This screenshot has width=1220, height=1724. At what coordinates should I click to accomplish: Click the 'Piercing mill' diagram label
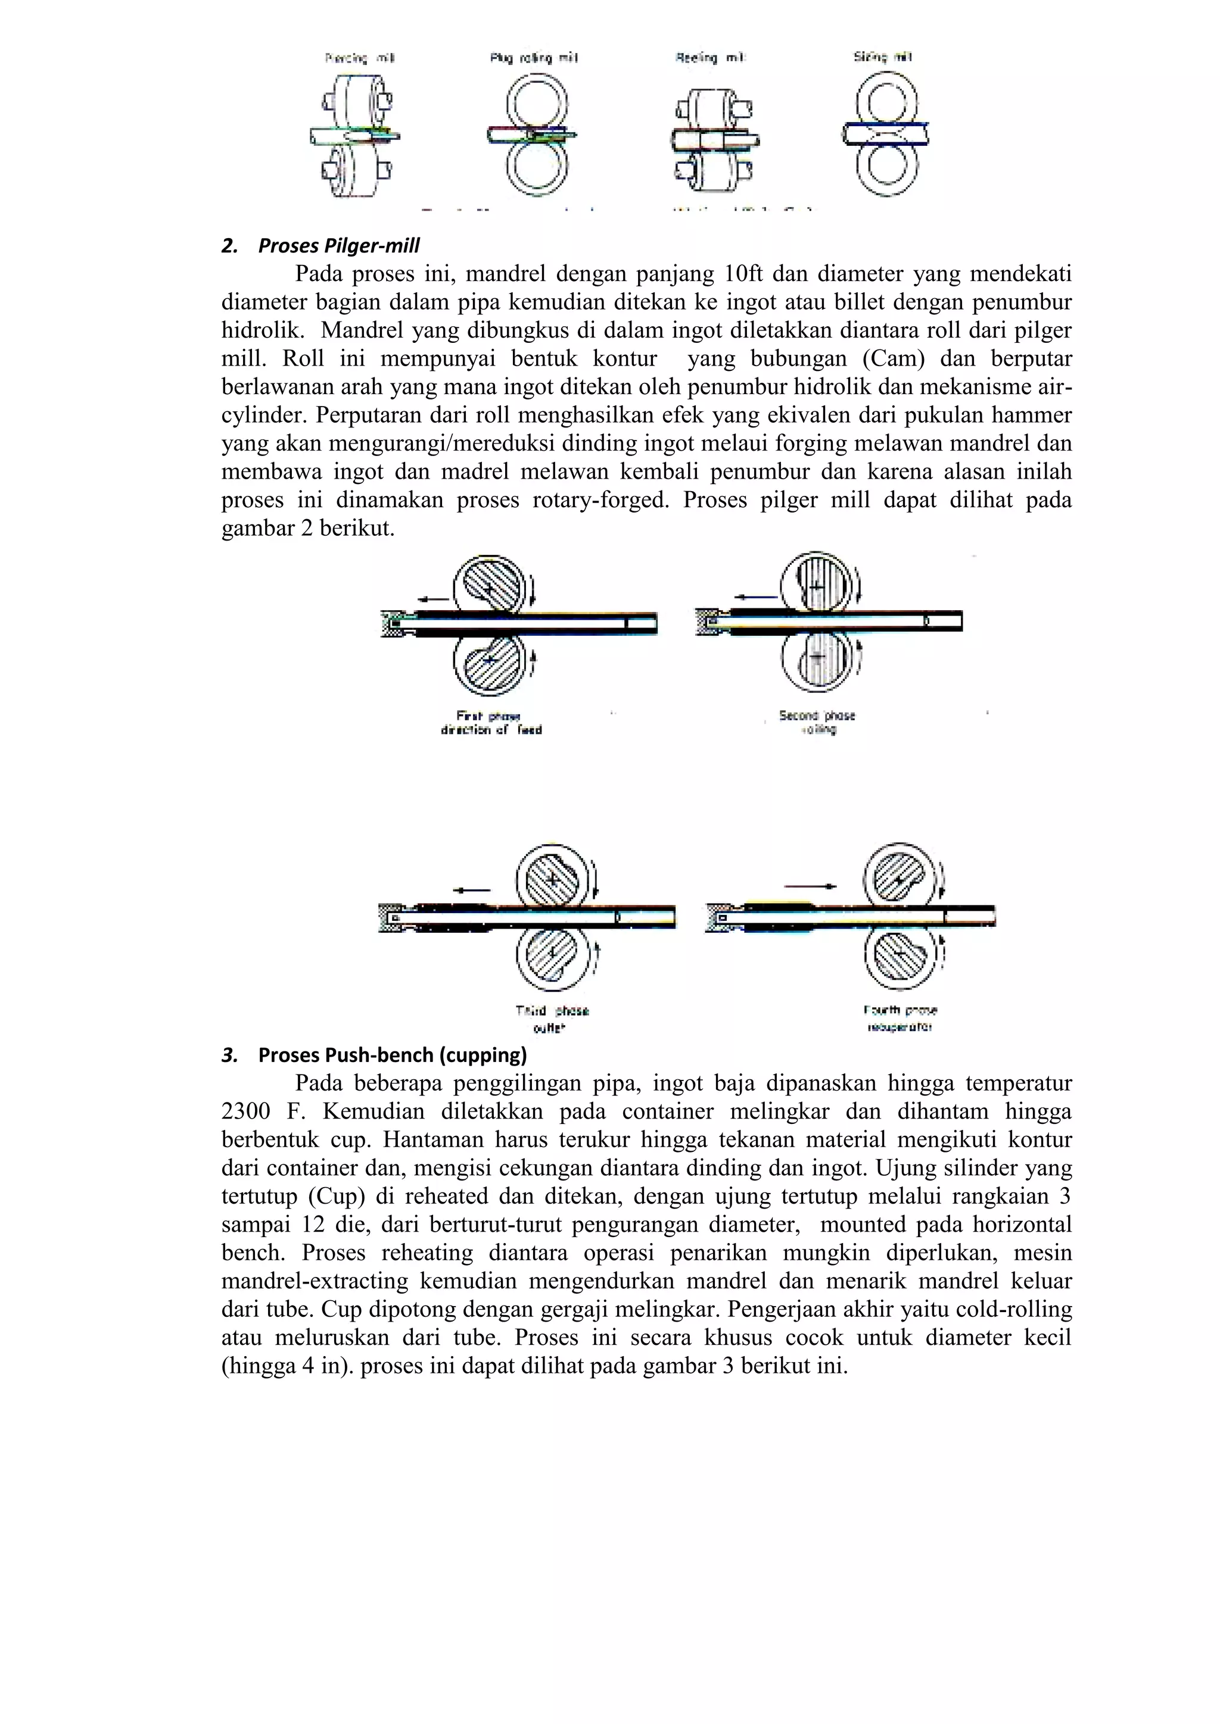(360, 58)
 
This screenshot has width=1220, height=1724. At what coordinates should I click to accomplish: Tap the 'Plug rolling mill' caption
(533, 58)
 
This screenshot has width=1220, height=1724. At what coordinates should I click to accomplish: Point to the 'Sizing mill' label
(883, 57)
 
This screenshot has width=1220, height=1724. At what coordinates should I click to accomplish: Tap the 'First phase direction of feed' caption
(491, 722)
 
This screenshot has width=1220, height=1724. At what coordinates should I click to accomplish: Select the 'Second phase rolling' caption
(817, 722)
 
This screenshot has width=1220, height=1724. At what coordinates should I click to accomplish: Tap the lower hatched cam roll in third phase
(552, 954)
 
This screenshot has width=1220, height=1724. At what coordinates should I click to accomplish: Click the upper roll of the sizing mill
(886, 101)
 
